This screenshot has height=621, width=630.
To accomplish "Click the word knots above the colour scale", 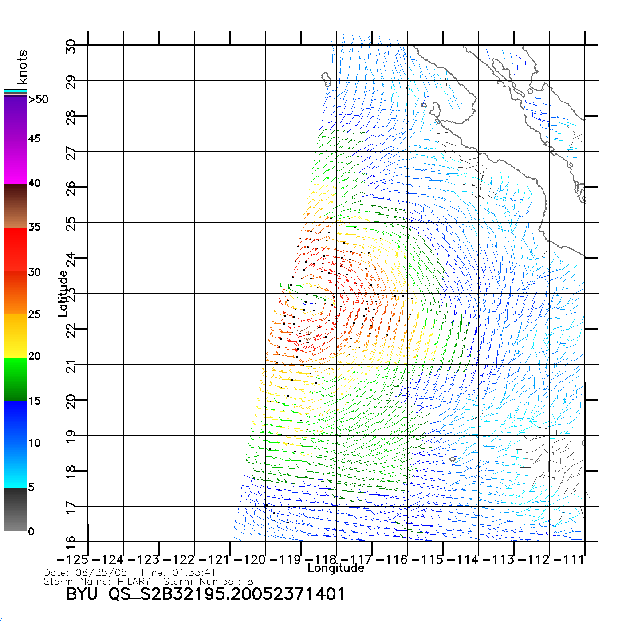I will tap(22, 67).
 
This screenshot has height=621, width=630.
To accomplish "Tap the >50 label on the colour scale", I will tap(39, 99).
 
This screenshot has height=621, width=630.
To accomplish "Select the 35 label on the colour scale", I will tap(34, 227).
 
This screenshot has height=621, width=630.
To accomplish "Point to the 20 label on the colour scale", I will tap(34, 356).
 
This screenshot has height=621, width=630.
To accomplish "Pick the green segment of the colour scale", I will tap(16, 380).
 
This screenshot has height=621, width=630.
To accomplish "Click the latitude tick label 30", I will tap(71, 46).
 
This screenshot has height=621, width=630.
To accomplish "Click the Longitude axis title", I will tap(336, 568).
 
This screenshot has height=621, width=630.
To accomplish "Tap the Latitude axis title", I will tap(63, 293).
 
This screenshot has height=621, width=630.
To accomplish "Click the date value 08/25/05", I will tap(102, 573).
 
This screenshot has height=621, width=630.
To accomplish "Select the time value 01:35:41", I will tap(194, 573).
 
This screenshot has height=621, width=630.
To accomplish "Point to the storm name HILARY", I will tap(134, 582).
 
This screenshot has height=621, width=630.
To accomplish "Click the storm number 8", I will tap(250, 582).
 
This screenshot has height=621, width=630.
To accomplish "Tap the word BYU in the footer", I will tap(82, 594).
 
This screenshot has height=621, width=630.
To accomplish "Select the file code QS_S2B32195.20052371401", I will tap(227, 594).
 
